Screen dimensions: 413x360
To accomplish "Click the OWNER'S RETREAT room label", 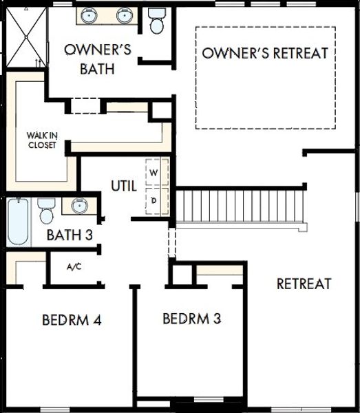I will (x=265, y=53).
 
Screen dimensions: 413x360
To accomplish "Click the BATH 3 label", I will (x=70, y=235).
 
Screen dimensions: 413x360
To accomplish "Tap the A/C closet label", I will (x=74, y=267).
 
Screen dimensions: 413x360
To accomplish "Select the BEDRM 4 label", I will (x=72, y=320).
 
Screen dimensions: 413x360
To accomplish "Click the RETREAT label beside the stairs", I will (x=304, y=283).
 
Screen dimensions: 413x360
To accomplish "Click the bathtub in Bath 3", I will (x=19, y=222).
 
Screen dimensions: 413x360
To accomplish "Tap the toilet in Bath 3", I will (x=46, y=210).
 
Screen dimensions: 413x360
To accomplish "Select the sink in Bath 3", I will (x=78, y=206).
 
